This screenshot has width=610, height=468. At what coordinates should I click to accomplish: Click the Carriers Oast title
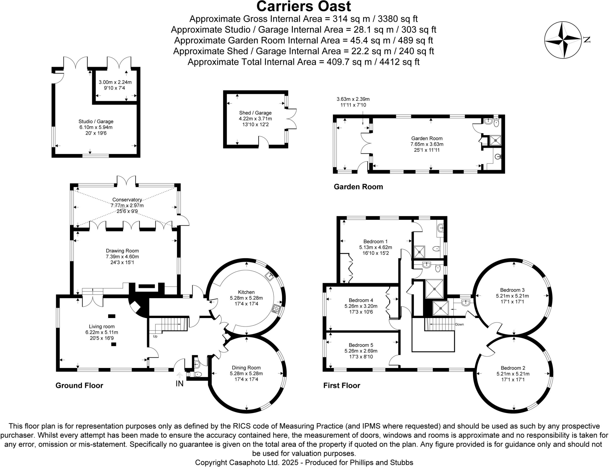tap(304, 7)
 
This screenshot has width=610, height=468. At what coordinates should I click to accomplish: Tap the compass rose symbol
tap(563, 40)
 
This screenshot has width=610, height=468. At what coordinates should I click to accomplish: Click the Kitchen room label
tap(246, 292)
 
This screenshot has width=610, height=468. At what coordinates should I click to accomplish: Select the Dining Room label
tap(246, 368)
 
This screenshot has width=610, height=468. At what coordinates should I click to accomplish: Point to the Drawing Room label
tap(122, 251)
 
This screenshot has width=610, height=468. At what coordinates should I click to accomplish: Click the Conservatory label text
tap(127, 200)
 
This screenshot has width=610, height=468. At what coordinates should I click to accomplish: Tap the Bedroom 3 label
tap(512, 290)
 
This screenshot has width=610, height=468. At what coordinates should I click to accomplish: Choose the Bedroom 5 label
tap(361, 345)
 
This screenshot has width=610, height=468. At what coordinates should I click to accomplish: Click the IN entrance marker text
tap(179, 384)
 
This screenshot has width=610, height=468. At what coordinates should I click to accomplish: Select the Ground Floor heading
tap(79, 386)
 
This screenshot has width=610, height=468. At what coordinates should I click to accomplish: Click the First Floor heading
tap(342, 386)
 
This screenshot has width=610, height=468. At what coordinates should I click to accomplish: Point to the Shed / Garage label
tap(255, 113)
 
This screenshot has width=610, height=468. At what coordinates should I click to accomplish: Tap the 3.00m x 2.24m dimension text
tap(115, 82)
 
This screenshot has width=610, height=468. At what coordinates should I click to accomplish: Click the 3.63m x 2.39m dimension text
tap(353, 99)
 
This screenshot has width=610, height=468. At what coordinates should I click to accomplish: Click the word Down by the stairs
tap(459, 324)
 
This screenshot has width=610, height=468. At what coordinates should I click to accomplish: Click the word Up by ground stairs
tap(155, 336)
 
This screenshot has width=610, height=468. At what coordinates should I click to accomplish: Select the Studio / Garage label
tap(96, 121)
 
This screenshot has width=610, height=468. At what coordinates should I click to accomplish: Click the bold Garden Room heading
tap(358, 187)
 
